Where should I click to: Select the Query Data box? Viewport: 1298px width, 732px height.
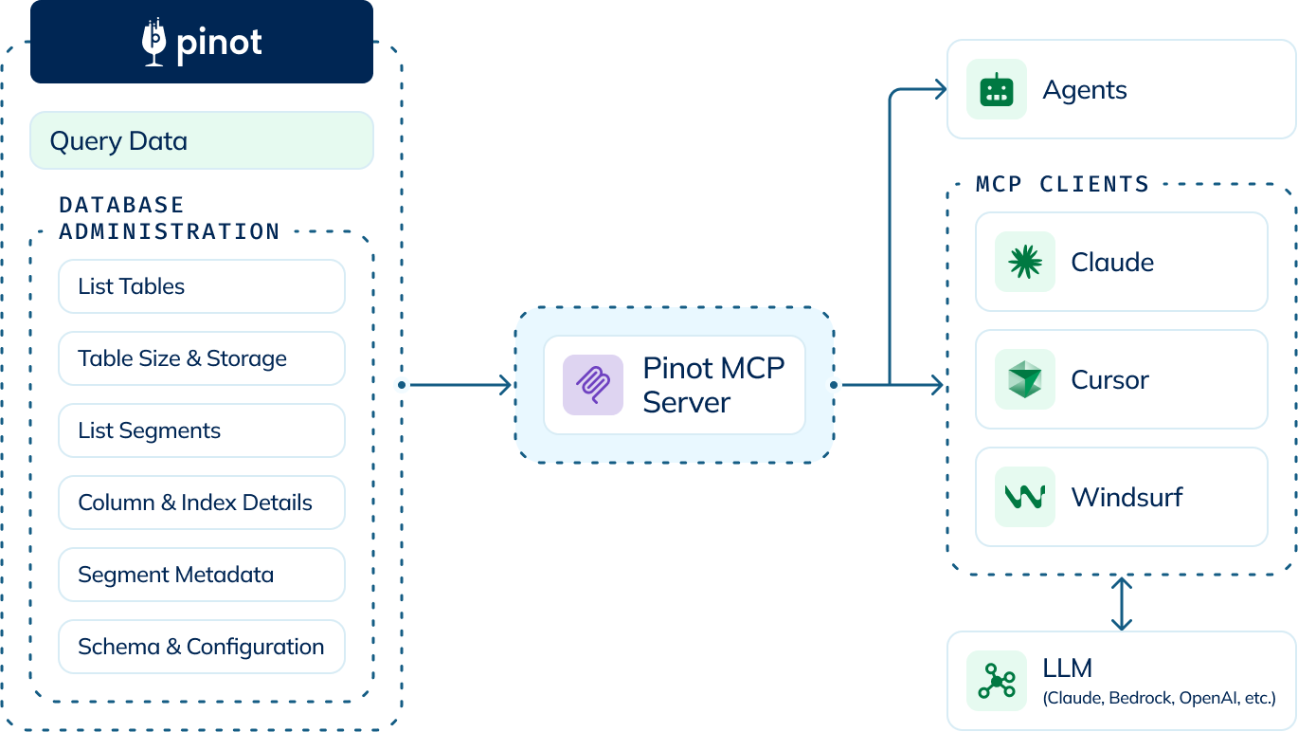pyautogui.click(x=202, y=141)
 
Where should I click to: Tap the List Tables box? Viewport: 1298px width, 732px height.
pyautogui.click(x=202, y=286)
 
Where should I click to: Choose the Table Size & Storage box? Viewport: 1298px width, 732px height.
pyautogui.click(x=202, y=358)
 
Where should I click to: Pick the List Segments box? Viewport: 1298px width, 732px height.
pyautogui.click(x=202, y=430)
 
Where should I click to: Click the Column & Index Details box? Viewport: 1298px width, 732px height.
pyautogui.click(x=202, y=503)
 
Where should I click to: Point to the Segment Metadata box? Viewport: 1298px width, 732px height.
pyautogui.click(x=202, y=575)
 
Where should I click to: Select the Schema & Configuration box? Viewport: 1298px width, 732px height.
pyautogui.click(x=202, y=647)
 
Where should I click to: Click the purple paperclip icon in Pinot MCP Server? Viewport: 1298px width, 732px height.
pyautogui.click(x=593, y=385)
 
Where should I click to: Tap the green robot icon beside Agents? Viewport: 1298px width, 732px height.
pyautogui.click(x=996, y=90)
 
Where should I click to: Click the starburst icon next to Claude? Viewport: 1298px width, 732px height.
pyautogui.click(x=1024, y=262)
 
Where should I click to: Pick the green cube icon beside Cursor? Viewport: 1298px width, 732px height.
pyautogui.click(x=1024, y=379)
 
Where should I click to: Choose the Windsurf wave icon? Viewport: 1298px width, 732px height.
pyautogui.click(x=1024, y=497)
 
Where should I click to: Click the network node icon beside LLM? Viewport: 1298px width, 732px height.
pyautogui.click(x=996, y=681)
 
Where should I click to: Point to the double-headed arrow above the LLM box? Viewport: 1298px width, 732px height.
pyautogui.click(x=1121, y=604)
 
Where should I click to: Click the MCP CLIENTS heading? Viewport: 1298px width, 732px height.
pyautogui.click(x=1062, y=184)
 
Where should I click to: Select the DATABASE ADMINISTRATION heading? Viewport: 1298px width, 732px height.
pyautogui.click(x=169, y=218)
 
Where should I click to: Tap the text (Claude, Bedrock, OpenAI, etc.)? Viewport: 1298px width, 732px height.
pyautogui.click(x=1159, y=699)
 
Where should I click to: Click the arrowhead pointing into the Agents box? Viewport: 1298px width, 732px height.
pyautogui.click(x=940, y=90)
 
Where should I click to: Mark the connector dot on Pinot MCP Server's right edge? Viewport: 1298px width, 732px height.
pyautogui.click(x=835, y=385)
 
